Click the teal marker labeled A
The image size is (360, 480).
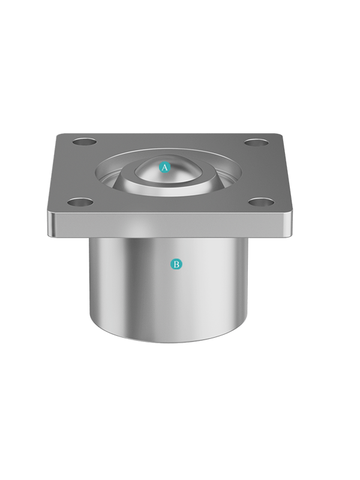point(164,167)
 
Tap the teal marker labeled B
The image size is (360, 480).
point(176,264)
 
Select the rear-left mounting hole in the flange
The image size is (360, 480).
point(85,142)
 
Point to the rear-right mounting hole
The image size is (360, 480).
point(257,142)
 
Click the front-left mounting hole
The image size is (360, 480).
point(80,202)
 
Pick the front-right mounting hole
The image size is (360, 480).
point(261,202)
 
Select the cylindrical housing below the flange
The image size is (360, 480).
point(168,291)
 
